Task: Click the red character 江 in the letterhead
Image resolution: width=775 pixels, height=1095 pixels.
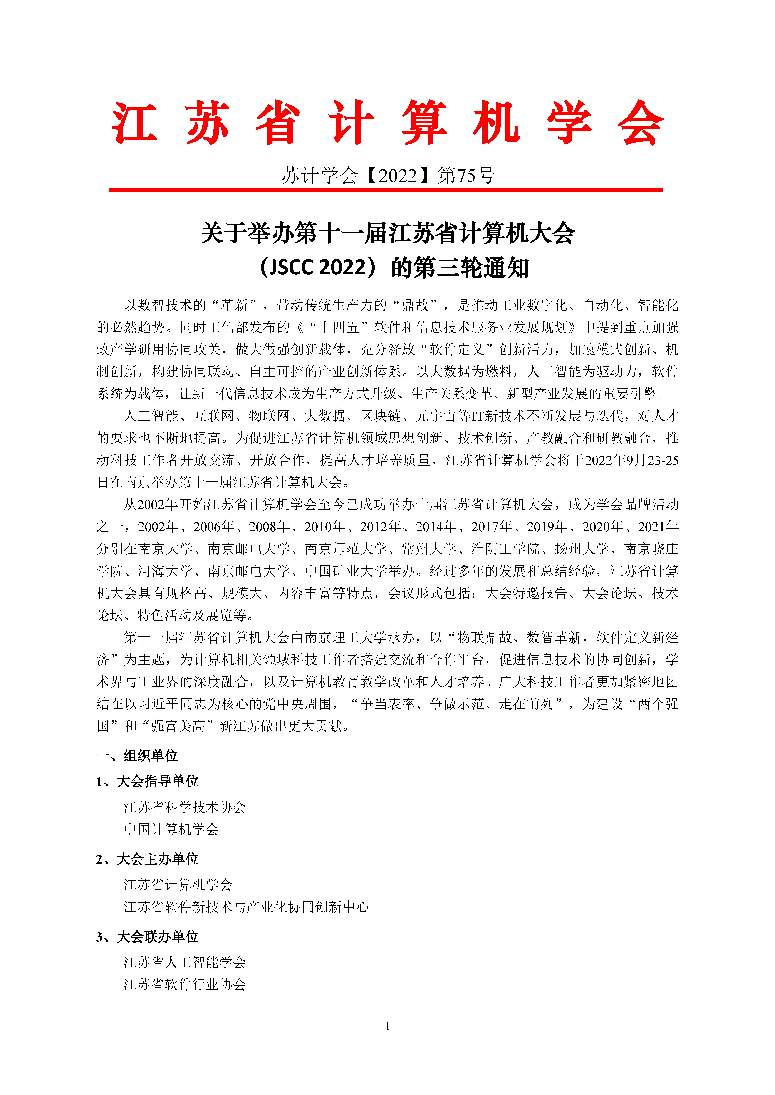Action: coord(134,123)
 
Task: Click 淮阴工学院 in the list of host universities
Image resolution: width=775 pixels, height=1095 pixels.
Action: coord(505,549)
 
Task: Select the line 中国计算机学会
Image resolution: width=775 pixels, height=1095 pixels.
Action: coord(171,829)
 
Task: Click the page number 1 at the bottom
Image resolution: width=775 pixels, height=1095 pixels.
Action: coord(388,1026)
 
